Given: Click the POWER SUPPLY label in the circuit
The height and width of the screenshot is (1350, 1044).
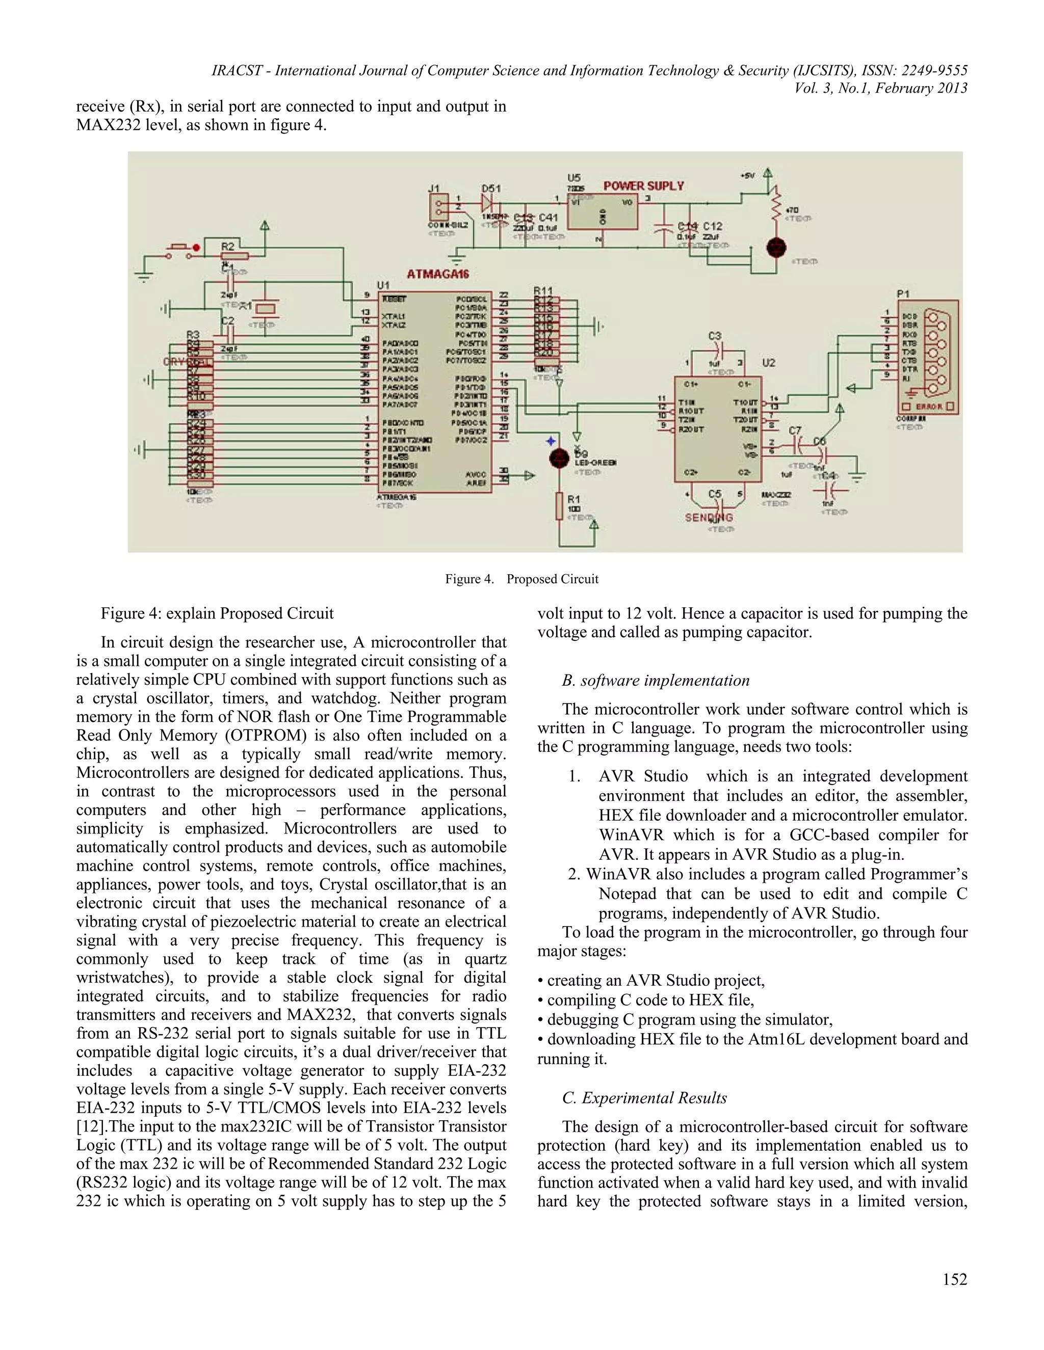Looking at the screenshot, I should tap(643, 185).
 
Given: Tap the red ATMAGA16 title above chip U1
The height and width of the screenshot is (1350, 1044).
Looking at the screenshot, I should tap(437, 274).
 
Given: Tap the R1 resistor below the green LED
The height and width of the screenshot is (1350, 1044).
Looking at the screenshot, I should tap(560, 506).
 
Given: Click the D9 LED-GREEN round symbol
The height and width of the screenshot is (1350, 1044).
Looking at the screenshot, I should tap(559, 458).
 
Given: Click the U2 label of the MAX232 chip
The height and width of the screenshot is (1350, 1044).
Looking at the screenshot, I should tap(768, 363).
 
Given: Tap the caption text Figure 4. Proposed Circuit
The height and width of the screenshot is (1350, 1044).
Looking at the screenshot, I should tap(521, 579).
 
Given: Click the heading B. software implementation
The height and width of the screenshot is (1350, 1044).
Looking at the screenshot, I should tap(655, 681).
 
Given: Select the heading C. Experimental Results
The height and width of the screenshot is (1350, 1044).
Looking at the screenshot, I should tap(644, 1098).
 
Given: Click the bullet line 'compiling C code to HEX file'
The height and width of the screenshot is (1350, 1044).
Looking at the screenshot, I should tap(649, 1000).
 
